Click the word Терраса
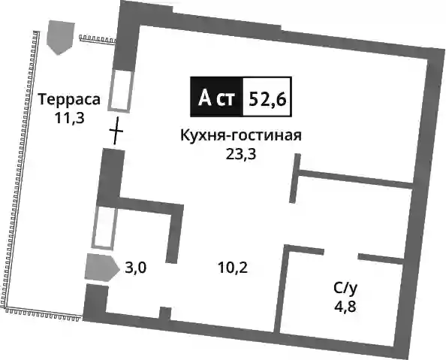(69, 99)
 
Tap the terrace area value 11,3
(70, 118)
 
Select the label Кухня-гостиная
(241, 135)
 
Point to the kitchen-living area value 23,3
(241, 154)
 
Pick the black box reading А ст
(216, 97)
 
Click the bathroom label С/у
(345, 289)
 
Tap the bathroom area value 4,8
(345, 307)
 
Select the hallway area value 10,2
(233, 268)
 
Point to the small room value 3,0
(136, 268)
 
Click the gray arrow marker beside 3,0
(101, 268)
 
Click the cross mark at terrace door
(116, 131)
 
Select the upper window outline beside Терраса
(121, 90)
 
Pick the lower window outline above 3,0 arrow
(104, 227)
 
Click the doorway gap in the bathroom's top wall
(341, 253)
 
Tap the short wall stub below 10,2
(165, 313)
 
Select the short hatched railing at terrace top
(98, 38)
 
